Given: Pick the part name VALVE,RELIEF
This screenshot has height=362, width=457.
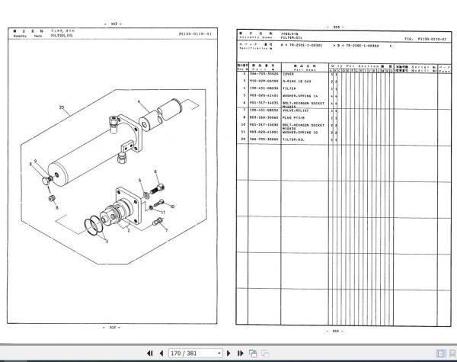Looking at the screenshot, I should (305, 111).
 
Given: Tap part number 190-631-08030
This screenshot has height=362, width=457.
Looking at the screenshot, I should (265, 88).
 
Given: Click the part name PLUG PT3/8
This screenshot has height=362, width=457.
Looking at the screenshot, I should (303, 117).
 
